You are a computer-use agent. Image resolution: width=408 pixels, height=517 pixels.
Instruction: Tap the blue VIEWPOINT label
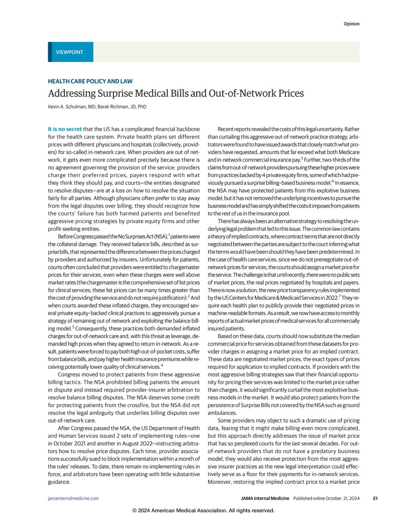point(69,52)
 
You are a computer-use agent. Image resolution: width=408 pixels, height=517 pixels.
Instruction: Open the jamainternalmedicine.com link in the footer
point(73,498)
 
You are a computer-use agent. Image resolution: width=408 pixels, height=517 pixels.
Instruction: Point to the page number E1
point(375,498)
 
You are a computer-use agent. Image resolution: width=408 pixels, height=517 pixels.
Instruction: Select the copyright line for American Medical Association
point(204,511)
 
